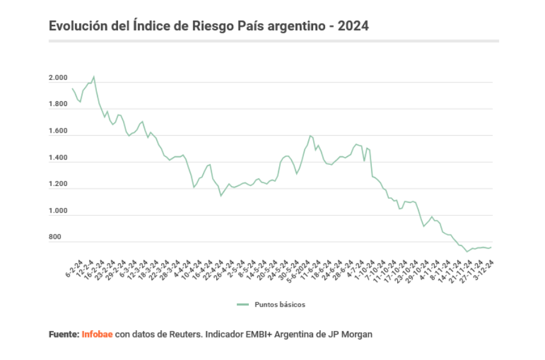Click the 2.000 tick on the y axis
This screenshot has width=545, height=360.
(x=59, y=78)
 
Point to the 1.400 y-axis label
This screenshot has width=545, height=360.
(x=59, y=158)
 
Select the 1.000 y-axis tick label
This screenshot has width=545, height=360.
(x=59, y=211)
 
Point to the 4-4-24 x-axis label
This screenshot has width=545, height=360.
(x=183, y=268)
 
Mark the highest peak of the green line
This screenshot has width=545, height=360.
(x=93, y=76)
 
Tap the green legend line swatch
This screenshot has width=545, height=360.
(x=243, y=304)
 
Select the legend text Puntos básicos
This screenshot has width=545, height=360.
(x=280, y=304)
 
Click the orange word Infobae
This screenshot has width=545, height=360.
(x=97, y=334)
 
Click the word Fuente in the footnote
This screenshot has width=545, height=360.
(x=63, y=334)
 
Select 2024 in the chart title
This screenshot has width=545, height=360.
(x=353, y=26)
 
